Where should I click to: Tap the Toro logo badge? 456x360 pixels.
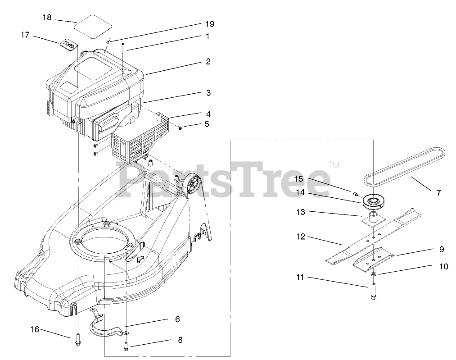coord(68,43)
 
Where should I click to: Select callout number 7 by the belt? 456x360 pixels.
coord(438,192)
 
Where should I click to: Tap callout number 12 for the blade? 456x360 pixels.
coord(301,236)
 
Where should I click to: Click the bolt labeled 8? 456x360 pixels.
coord(126,346)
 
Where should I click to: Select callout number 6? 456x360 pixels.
coord(177,319)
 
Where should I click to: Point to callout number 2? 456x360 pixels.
coord(208,62)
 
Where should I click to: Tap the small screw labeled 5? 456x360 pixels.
coord(180,128)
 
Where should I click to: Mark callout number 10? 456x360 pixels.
coord(443,266)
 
